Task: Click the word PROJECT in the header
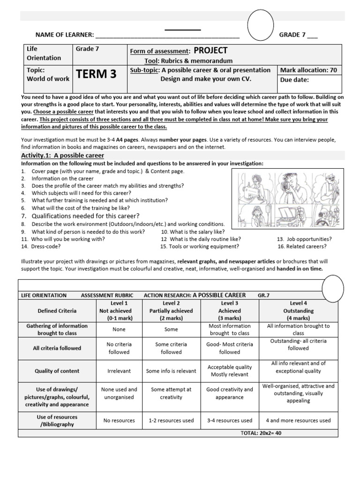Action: [210, 51]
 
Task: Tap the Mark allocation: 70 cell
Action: [308, 70]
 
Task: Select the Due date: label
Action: [296, 80]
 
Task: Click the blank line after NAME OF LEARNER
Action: [167, 35]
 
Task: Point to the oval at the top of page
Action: [261, 26]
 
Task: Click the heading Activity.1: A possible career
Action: [63, 155]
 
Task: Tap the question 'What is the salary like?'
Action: [193, 232]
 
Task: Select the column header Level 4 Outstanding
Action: [298, 311]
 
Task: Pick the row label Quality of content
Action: [57, 371]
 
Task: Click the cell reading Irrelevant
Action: [119, 371]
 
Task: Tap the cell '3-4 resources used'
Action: [230, 420]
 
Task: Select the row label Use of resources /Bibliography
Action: [57, 420]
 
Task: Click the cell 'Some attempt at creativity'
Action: [171, 393]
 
